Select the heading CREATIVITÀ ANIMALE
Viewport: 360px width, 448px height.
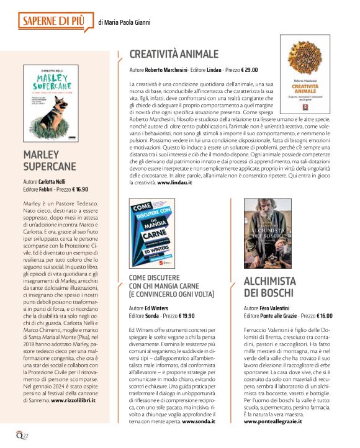[174, 54]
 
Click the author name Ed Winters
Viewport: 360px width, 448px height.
[158, 307]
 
